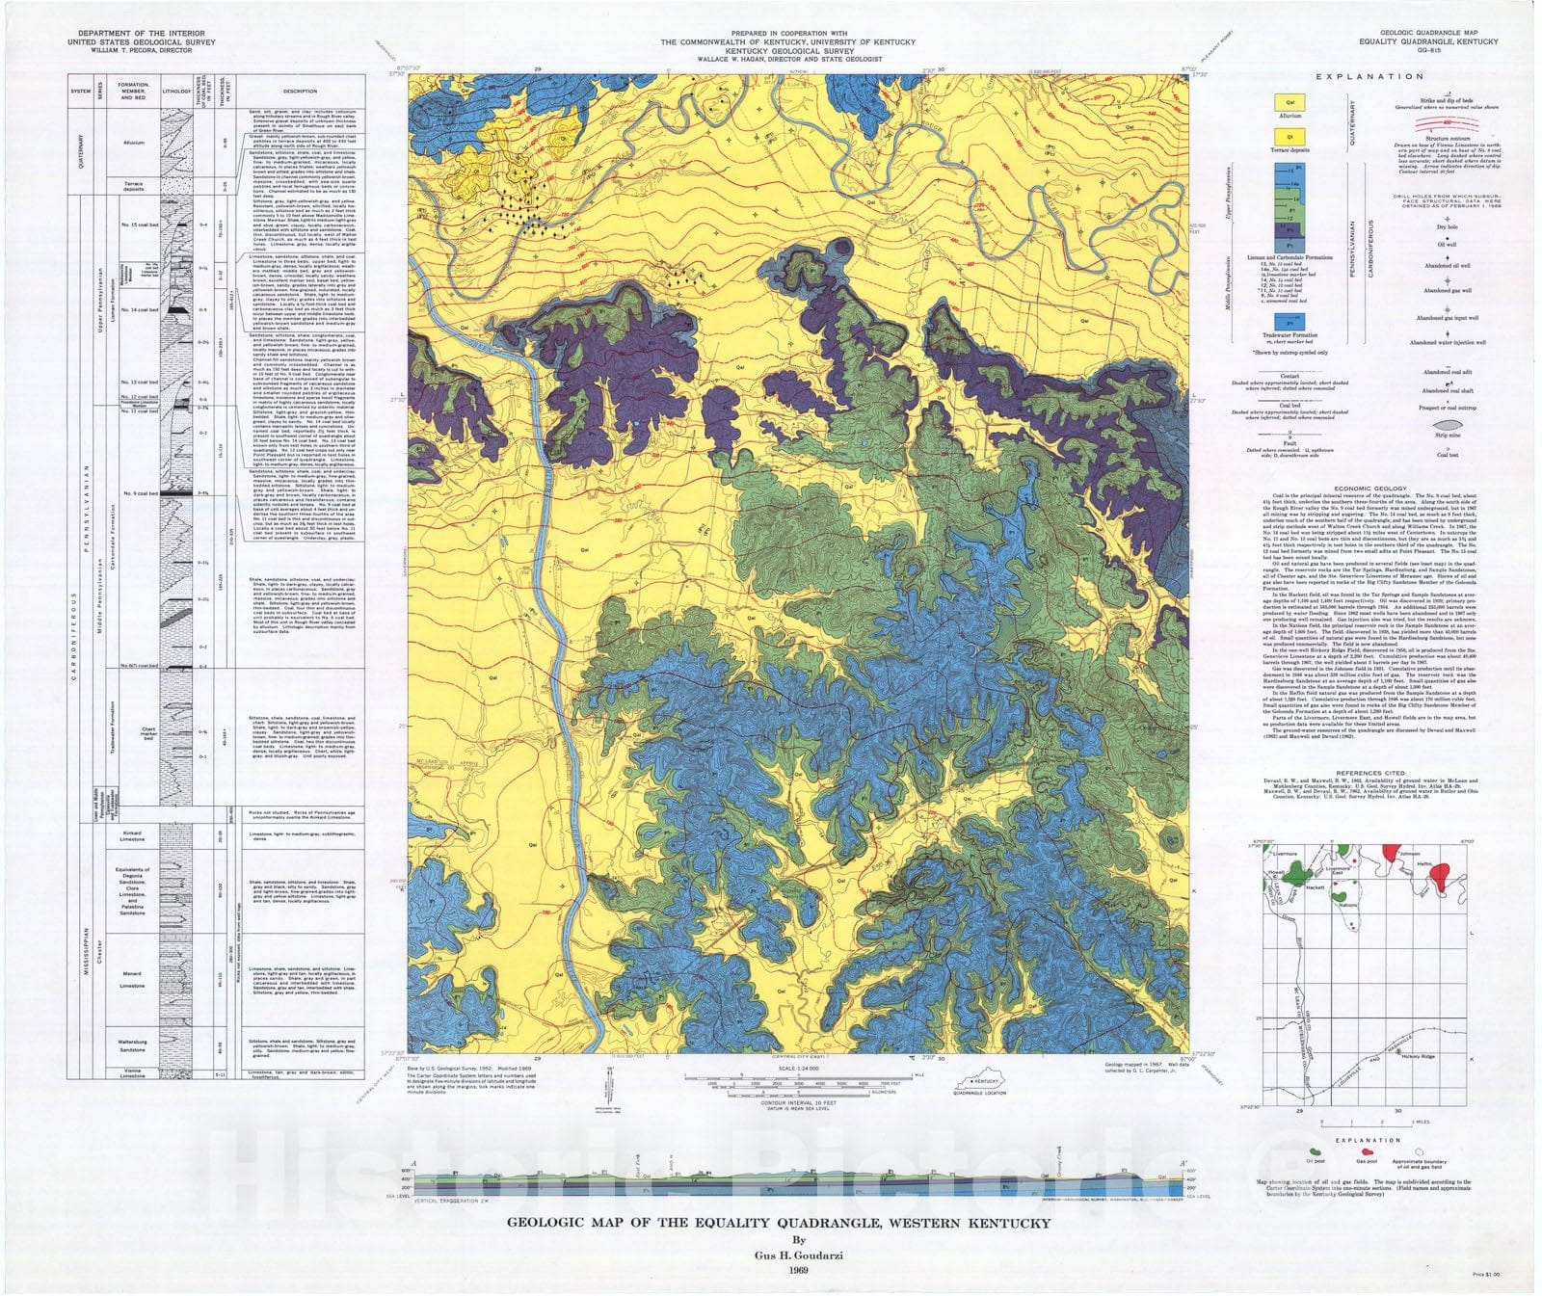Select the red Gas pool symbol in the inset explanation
(x=1367, y=1151)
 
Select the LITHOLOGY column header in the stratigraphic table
(x=176, y=92)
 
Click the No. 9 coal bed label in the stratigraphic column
(x=134, y=493)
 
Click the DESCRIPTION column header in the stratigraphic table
(x=301, y=92)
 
